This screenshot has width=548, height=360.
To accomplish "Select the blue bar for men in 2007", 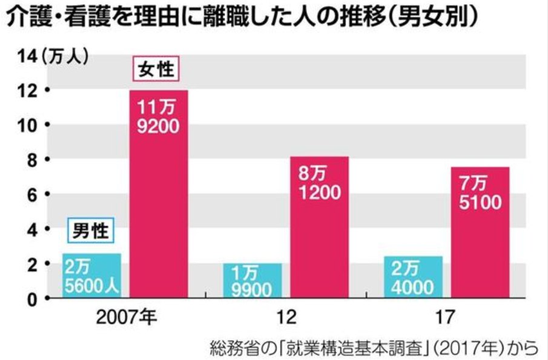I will coord(91,276).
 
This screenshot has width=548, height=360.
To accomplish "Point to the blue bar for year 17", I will coord(412,277).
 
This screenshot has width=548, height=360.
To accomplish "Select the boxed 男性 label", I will coord(91,231).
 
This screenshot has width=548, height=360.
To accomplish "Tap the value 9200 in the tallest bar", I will coord(159,128).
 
